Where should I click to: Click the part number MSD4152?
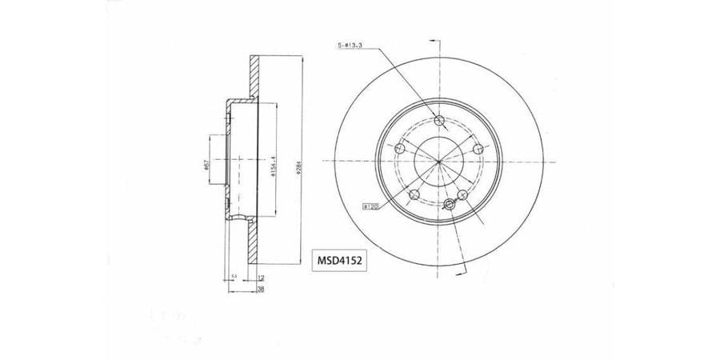(x=337, y=261)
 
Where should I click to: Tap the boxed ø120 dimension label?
(x=370, y=206)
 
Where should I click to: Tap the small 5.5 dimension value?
(x=233, y=277)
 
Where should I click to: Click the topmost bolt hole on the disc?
(x=438, y=121)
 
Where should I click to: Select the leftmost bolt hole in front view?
(x=400, y=148)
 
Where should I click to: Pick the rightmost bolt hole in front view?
(x=478, y=149)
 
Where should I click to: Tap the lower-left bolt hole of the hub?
(x=414, y=194)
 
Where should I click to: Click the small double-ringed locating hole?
(x=449, y=203)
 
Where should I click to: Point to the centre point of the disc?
(x=439, y=162)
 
